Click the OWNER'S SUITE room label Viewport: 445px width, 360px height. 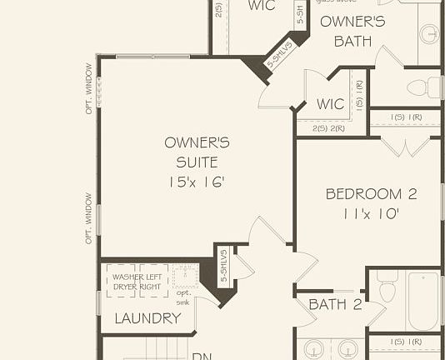[197, 152]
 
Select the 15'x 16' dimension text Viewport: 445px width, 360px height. [197, 182]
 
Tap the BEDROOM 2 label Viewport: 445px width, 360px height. [371, 194]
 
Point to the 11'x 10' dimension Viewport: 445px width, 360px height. [371, 213]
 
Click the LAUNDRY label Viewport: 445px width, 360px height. [147, 318]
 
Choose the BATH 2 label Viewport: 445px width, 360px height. [335, 305]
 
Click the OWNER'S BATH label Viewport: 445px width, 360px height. [352, 31]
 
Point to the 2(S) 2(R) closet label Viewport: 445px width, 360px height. [329, 128]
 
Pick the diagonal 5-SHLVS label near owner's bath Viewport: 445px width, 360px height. [277, 55]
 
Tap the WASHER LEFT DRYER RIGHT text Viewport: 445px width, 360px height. [137, 282]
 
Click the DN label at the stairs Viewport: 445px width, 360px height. [201, 356]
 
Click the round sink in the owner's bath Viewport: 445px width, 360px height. [429, 34]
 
